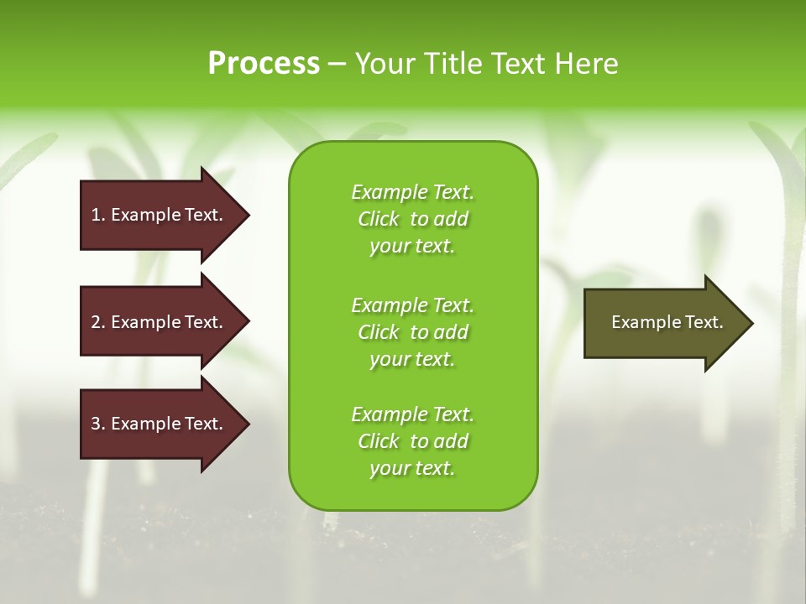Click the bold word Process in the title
click(x=264, y=64)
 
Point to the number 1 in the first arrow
click(x=96, y=215)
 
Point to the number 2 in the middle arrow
click(x=96, y=322)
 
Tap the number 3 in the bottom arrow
click(x=96, y=424)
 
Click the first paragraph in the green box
click(x=413, y=219)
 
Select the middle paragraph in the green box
click(x=413, y=332)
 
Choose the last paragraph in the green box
click(x=413, y=441)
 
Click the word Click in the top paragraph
click(x=379, y=219)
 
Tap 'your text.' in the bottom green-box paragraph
click(x=412, y=468)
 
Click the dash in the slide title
click(x=337, y=64)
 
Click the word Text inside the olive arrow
click(x=704, y=322)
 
